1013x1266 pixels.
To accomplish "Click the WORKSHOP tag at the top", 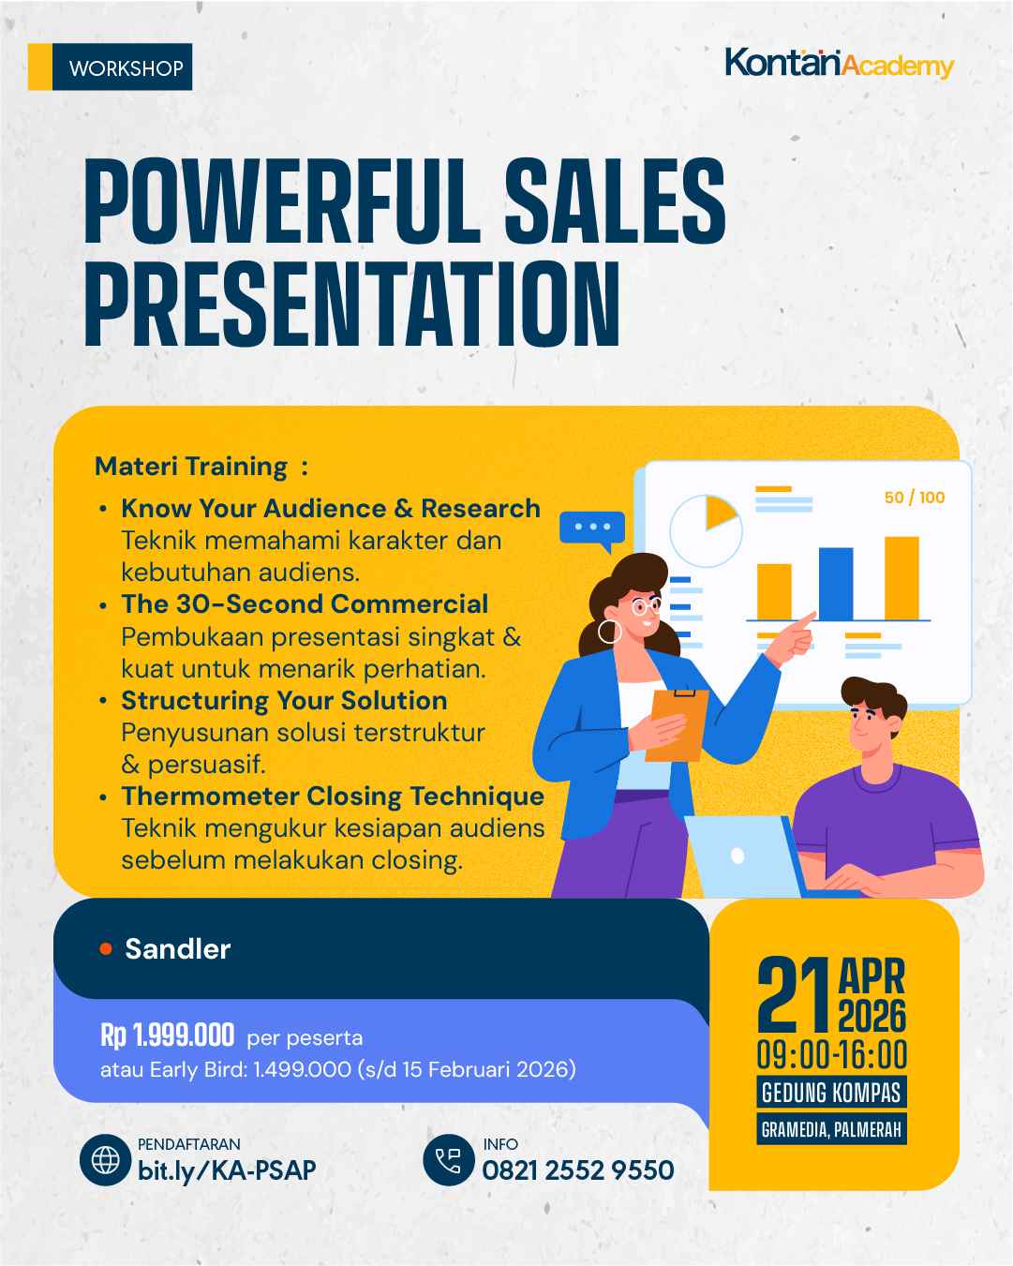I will point(126,67).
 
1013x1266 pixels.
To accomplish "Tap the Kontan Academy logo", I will point(839,64).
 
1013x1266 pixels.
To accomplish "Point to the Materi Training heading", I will point(191,466).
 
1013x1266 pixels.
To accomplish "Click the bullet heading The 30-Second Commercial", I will point(305,603).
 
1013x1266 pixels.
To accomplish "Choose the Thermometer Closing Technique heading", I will point(333,796).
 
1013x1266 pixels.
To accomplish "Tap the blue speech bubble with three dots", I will point(591,529).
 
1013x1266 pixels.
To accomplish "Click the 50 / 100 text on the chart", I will point(914,498).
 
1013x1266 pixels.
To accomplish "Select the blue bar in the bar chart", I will point(836,584).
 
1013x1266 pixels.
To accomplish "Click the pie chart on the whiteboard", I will point(708,529).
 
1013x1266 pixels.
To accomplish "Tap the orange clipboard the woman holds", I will point(675,723).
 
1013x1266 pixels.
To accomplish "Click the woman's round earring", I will point(610,632).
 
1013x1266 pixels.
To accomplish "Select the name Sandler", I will point(177,948).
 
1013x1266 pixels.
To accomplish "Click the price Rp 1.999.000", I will point(167,1035).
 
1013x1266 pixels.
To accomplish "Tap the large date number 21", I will point(794,997).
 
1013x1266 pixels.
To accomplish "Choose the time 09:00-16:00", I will point(832,1055).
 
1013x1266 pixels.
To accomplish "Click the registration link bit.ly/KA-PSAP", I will point(227,1170).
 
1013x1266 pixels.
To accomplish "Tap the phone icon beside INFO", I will point(449,1160).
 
